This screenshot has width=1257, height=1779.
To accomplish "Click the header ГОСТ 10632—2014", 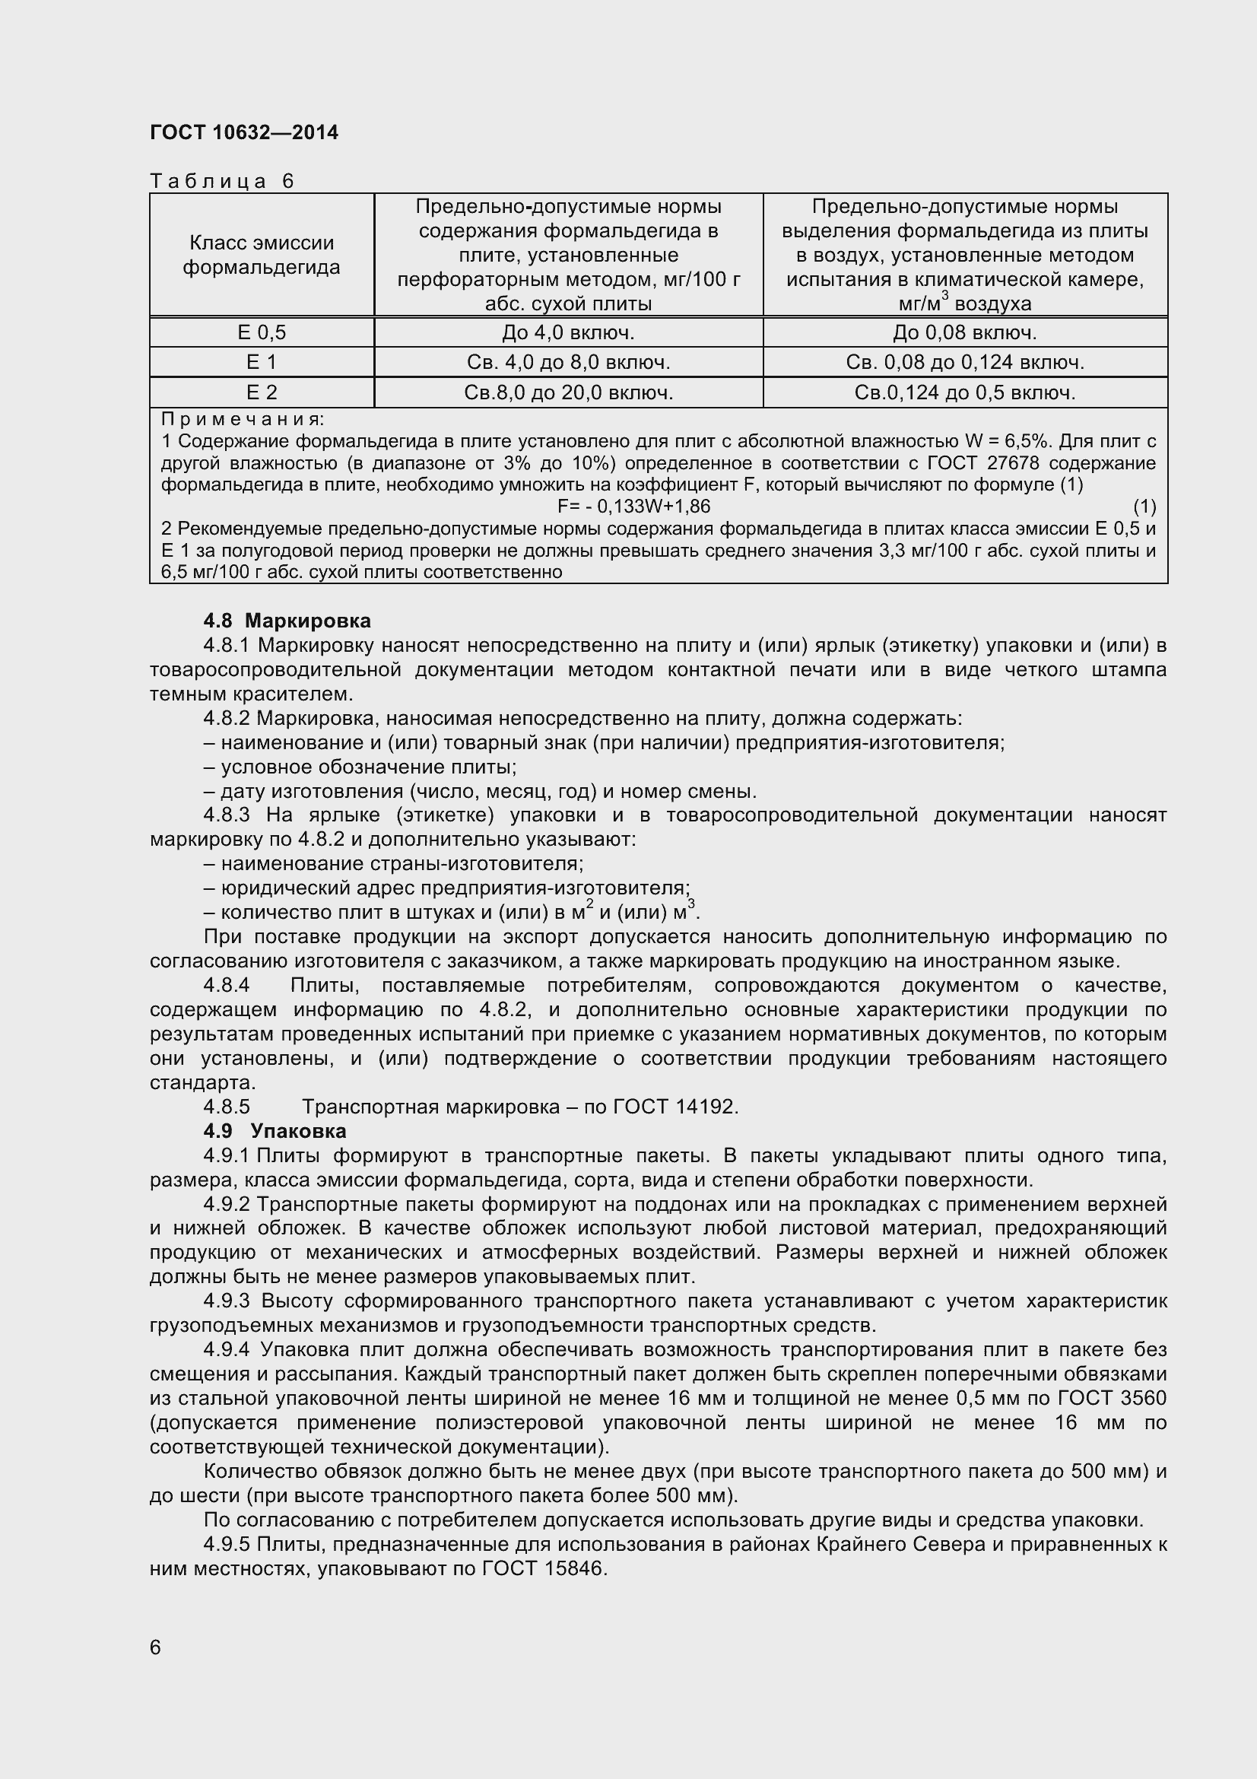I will pos(244,133).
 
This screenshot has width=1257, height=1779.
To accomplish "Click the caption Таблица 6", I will pos(222,181).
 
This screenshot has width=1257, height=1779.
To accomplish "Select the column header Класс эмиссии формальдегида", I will pos(261,255).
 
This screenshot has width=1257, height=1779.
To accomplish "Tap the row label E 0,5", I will pos(261,332).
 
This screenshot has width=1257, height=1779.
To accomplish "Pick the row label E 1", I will pos(261,362).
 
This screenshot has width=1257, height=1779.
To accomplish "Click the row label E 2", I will pos(261,392).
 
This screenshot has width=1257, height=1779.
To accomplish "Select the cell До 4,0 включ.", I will pos(568,332).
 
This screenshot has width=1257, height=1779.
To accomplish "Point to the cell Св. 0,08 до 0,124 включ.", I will pos(964,362).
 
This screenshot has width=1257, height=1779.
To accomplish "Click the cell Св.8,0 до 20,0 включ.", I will pos(568,392).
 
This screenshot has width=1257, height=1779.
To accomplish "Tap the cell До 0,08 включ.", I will pos(964,332).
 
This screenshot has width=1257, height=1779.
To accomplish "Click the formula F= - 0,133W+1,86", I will pos(633,507).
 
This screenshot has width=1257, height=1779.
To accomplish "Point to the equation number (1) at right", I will pos(1144,507).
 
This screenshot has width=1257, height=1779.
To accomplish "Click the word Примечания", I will pos(243,419).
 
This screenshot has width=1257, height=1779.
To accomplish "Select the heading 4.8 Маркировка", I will pos(287,621).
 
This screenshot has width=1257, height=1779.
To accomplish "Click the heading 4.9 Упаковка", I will pos(275,1131).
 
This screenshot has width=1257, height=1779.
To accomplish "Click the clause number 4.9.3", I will pos(227,1301).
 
